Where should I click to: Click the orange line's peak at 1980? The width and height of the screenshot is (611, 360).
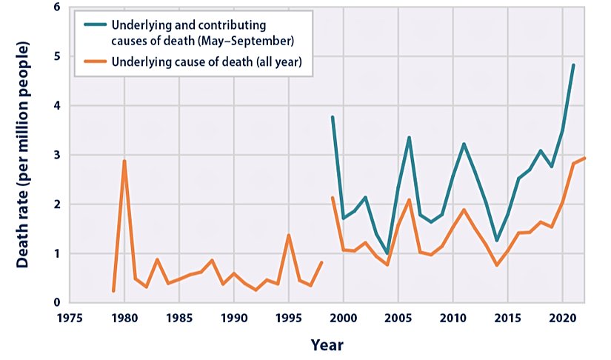point(124,161)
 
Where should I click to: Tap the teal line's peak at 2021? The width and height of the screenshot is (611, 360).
point(573,65)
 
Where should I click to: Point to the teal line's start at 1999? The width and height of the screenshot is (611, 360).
point(332,117)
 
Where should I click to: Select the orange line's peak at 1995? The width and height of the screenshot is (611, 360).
point(288,235)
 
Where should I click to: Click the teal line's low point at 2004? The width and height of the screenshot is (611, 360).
point(387,253)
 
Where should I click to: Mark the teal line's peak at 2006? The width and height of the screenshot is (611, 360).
point(409,137)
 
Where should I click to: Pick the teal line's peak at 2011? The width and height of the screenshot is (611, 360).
point(464,144)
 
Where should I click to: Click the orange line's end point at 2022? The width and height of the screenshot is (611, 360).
point(584,158)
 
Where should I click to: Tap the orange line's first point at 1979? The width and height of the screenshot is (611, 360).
point(113,291)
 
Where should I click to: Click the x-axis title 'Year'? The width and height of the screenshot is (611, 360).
point(327,344)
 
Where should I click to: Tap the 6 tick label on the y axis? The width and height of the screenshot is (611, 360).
point(56,7)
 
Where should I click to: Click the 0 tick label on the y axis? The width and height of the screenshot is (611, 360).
point(56,302)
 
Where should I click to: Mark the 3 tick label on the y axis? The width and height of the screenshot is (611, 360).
point(56,155)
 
